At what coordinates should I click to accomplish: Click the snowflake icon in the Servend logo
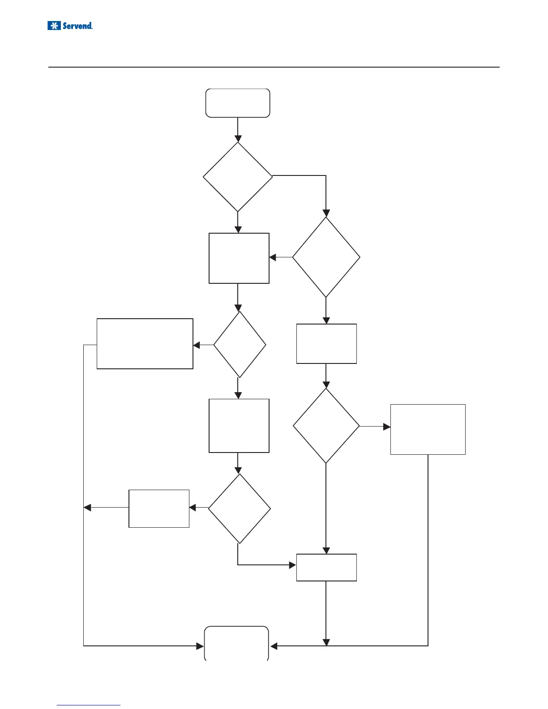pos(54,26)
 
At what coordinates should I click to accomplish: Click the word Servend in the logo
pos(77,26)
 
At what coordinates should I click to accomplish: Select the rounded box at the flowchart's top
pos(238,103)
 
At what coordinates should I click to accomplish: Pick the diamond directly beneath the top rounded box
pos(238,177)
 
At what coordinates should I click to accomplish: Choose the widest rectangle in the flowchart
pos(145,344)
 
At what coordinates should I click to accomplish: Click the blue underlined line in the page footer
pos(89,705)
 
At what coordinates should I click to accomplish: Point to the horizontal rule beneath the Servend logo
pos(274,67)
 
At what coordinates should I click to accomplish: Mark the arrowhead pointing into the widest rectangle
pos(197,346)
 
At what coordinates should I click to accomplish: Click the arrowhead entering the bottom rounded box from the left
pos(200,646)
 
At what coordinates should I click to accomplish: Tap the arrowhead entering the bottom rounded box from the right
pos(274,646)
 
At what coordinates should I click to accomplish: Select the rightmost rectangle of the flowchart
pos(428,429)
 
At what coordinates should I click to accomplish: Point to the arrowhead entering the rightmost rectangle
pos(387,427)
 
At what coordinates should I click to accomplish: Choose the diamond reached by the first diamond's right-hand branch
pos(326,257)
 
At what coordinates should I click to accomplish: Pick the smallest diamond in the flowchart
pos(240,345)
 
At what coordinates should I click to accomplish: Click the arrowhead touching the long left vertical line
pos(88,508)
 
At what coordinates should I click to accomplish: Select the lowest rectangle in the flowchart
pos(326,568)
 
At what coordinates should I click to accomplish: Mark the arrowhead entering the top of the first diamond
pos(238,138)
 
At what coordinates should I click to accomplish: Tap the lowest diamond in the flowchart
pos(240,508)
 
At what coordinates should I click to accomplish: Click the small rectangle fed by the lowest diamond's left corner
pos(159,508)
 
